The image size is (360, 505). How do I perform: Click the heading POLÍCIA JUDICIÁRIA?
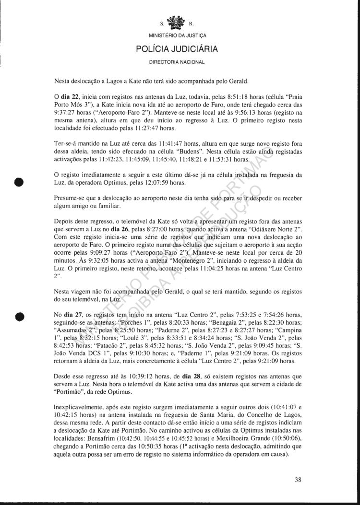coord(177,49)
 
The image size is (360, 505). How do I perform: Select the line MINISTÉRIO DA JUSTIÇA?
coord(178,35)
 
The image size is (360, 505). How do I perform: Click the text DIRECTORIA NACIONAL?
coord(177,62)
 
